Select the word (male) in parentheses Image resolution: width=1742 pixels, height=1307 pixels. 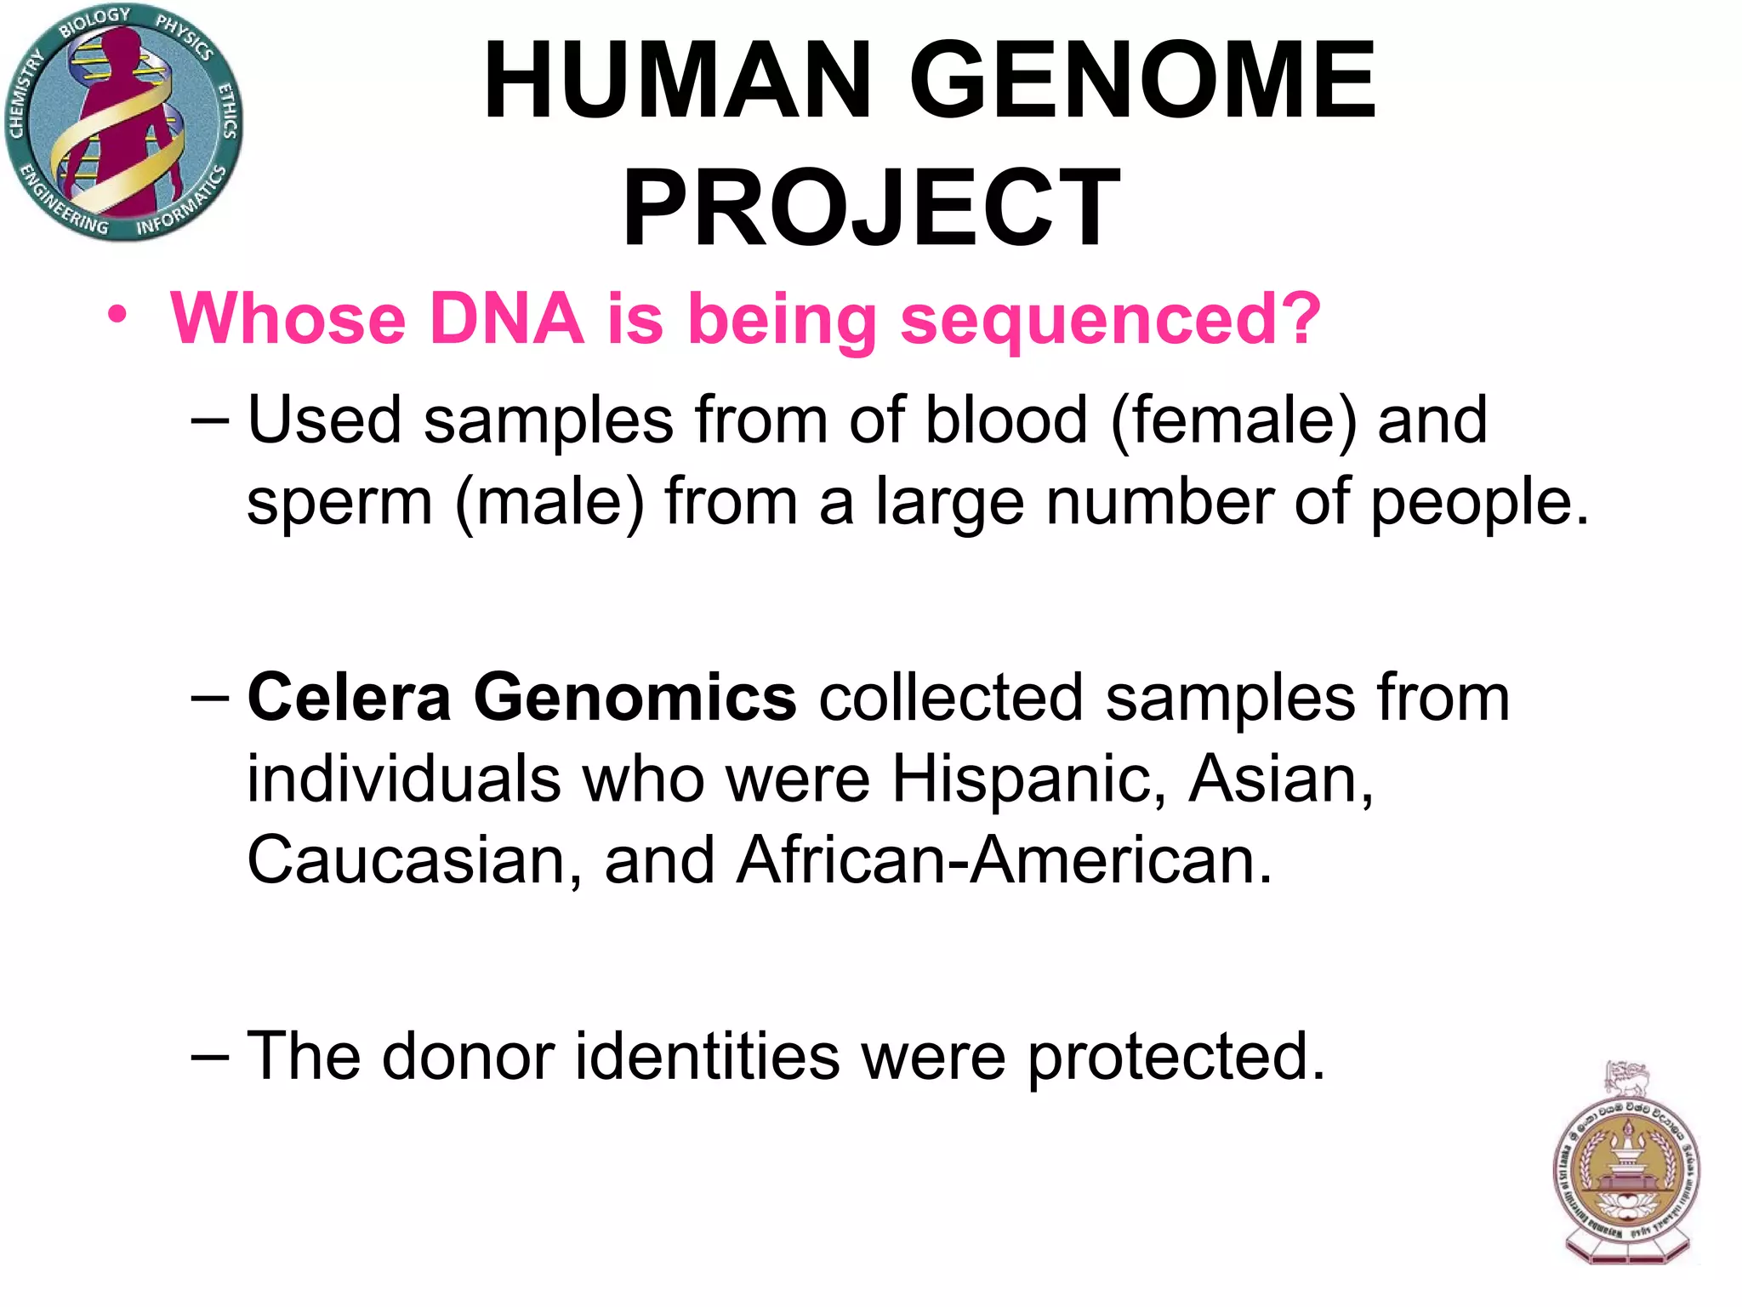pos(550,503)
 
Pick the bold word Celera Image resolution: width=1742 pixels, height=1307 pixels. pos(349,698)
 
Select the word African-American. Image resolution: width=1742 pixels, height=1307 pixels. pos(1004,860)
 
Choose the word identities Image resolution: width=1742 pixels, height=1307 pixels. pos(708,1056)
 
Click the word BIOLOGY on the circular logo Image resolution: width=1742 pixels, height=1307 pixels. pos(94,22)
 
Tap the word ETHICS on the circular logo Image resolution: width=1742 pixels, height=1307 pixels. pos(228,111)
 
